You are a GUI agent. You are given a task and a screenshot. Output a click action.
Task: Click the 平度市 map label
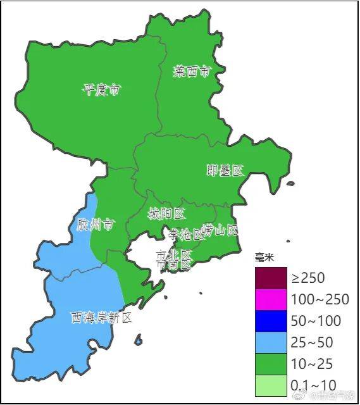coord(101,89)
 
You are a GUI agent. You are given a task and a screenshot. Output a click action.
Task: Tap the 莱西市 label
coord(191,71)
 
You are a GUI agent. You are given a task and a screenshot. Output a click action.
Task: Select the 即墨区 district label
coord(225,170)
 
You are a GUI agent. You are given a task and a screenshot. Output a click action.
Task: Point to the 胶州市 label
coord(96,225)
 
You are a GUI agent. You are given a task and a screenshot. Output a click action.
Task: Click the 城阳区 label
coord(166,214)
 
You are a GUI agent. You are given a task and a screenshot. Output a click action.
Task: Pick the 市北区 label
coord(174,254)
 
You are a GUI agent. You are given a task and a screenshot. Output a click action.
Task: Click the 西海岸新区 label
coord(101,317)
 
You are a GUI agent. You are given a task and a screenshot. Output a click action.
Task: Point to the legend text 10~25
coord(313,363)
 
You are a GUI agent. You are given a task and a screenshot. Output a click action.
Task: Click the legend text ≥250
coord(308,277)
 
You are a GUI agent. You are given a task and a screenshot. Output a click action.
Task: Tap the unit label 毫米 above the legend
coord(264,258)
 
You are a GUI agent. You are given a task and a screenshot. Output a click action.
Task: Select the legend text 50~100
coord(316,320)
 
